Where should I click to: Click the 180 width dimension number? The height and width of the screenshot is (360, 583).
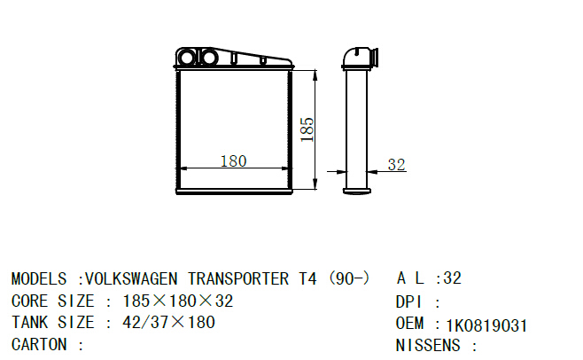point(232,161)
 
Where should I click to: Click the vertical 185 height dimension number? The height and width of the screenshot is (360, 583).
point(307,129)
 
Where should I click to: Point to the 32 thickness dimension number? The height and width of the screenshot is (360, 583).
point(396,165)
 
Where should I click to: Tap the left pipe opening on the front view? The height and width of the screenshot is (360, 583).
point(188,59)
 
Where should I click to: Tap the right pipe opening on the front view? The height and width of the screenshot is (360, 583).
point(209,59)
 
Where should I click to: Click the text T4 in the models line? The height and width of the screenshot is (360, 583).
point(307,278)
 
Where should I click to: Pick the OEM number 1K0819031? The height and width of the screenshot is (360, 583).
point(486,325)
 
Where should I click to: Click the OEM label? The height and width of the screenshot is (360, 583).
point(410,325)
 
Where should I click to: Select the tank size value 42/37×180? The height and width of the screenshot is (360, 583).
point(168,323)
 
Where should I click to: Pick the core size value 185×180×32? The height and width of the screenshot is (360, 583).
point(177,301)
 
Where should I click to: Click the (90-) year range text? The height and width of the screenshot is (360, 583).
point(348,278)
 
